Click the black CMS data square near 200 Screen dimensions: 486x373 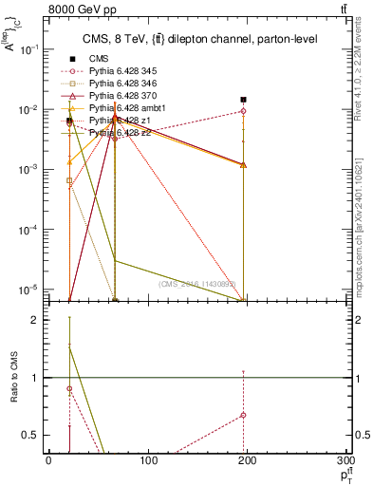[244, 99]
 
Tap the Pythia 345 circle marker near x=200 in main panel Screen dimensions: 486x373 [244, 111]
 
